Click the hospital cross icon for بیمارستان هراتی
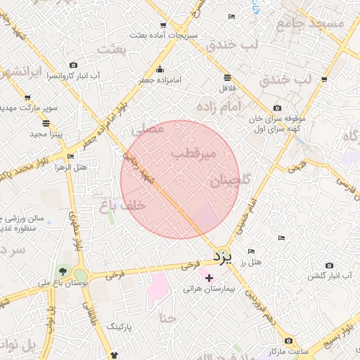[x=209, y=278]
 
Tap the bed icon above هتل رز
[x=251, y=252]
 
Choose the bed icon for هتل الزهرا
[x=70, y=157]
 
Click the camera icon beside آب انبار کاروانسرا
[x=74, y=65]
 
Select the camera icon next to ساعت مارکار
[x=288, y=341]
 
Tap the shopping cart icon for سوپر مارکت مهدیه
[x=27, y=98]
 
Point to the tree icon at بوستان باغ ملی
[x=64, y=271]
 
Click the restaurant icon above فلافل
[x=227, y=77]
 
